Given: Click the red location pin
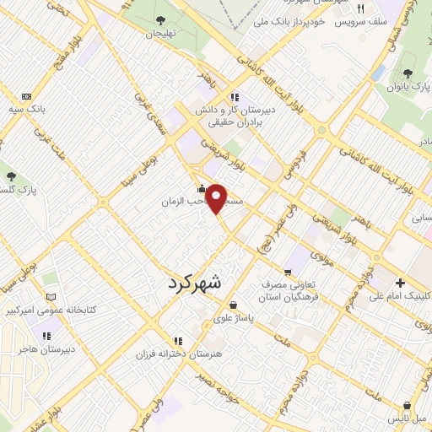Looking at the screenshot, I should (x=217, y=199).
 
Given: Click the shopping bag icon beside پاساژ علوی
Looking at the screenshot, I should (x=232, y=306).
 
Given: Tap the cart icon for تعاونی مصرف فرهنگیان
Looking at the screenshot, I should (x=288, y=272).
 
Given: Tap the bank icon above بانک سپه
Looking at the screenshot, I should (x=26, y=96).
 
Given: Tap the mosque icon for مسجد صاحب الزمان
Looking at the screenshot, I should (x=200, y=189).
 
